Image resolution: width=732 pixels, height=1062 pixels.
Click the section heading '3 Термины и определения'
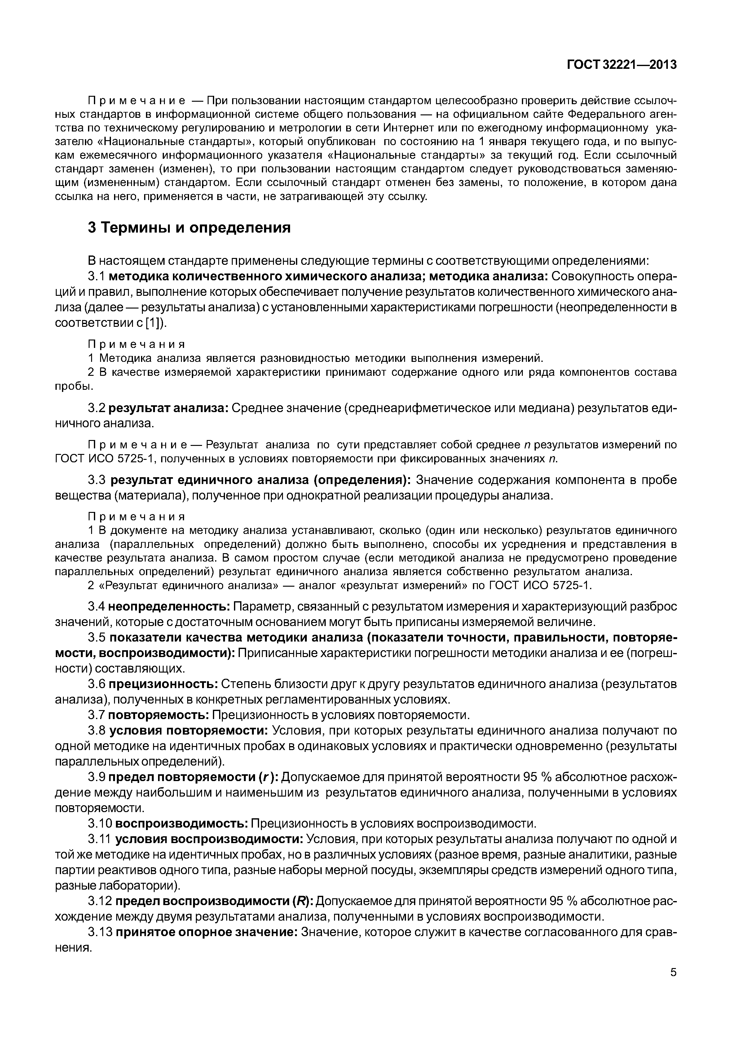[189, 228]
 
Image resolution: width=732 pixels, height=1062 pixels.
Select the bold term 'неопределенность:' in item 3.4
[169, 607]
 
